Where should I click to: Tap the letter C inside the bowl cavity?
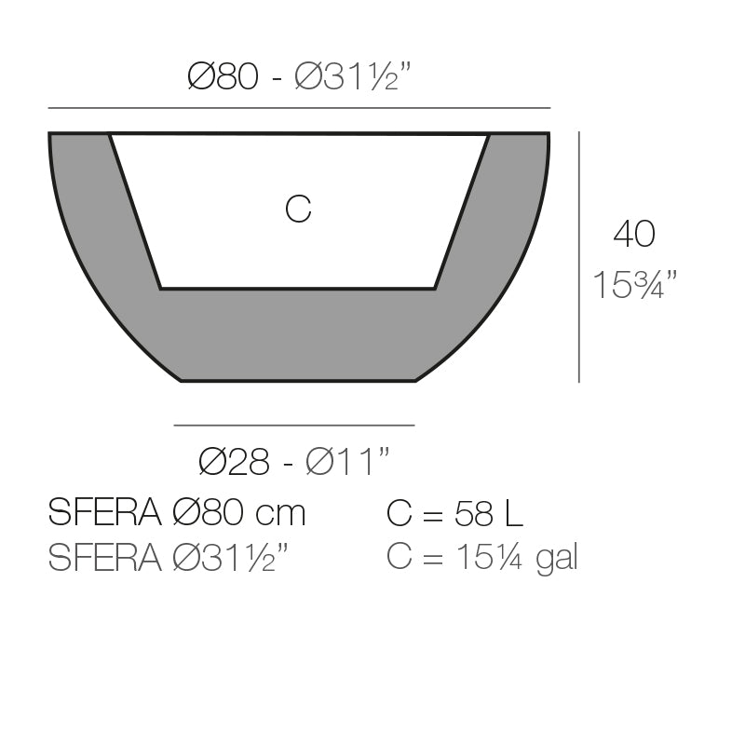298,210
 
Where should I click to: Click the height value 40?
633,235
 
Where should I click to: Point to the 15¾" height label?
633,285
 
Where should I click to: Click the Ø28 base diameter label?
234,461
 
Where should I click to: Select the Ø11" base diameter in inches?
346,461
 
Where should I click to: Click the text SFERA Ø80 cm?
176,513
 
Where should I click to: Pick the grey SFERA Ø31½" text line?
169,558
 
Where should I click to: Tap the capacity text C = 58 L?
454,513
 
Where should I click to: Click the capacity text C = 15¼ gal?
481,558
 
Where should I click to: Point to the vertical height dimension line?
579,256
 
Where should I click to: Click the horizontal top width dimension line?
298,108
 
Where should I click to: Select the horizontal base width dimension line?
294,426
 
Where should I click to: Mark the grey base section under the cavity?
298,335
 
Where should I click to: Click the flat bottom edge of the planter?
298,381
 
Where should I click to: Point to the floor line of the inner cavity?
298,289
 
